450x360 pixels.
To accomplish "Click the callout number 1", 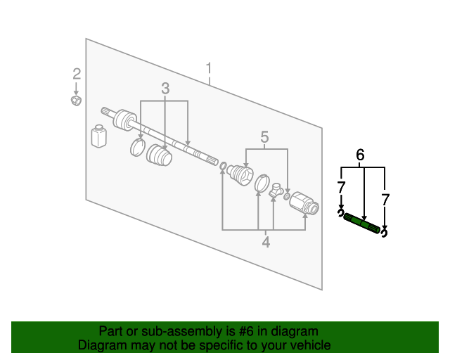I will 209,68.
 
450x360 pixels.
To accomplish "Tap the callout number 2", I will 77,74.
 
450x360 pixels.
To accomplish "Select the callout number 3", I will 165,89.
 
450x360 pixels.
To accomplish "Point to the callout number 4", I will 266,243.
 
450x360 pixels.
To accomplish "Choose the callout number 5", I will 265,137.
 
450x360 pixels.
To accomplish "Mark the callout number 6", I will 361,155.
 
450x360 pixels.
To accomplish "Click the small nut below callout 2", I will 76,101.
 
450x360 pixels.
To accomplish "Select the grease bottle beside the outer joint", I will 99,136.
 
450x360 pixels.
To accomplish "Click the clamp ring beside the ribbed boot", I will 138,147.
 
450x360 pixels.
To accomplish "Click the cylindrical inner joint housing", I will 304,202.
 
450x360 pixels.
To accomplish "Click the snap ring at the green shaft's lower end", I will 384,231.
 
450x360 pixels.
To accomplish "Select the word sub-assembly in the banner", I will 169,331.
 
